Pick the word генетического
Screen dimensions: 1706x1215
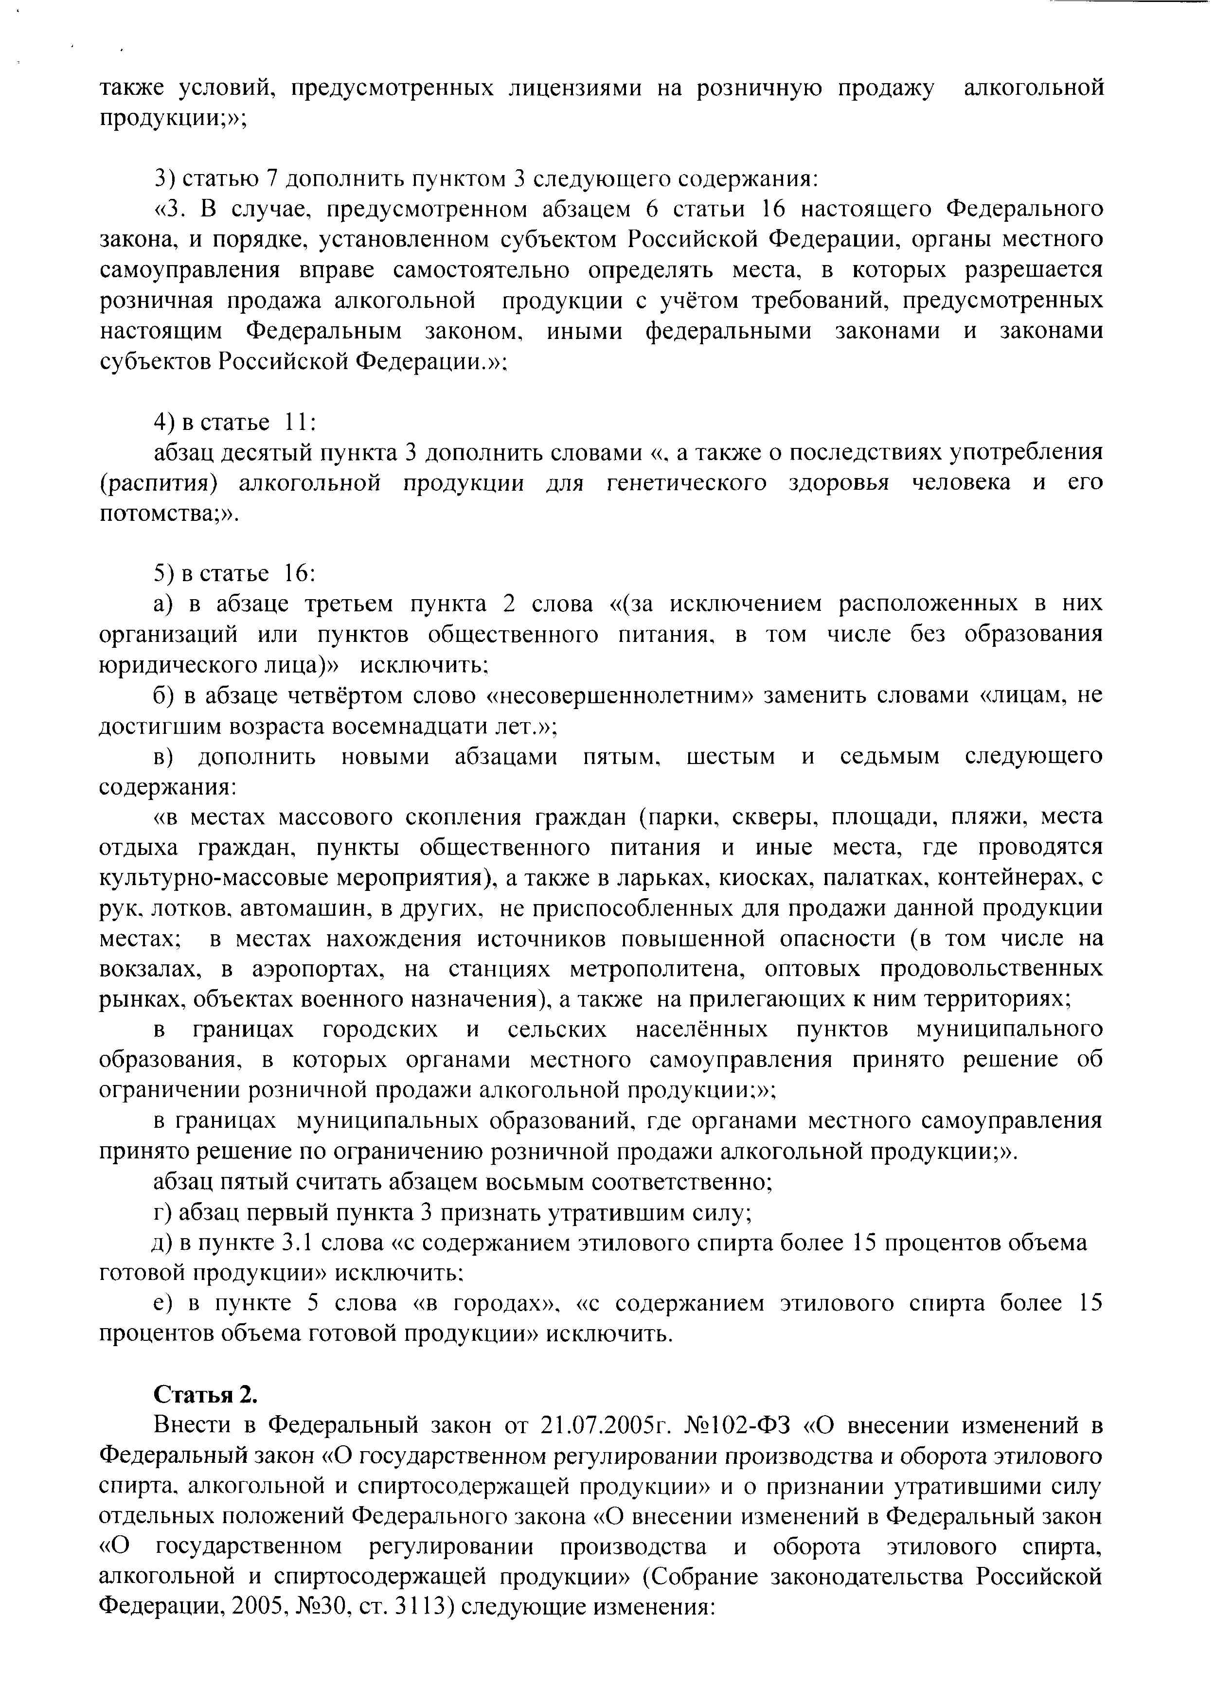686,483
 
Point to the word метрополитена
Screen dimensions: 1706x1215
655,969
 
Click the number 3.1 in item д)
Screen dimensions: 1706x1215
296,1243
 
